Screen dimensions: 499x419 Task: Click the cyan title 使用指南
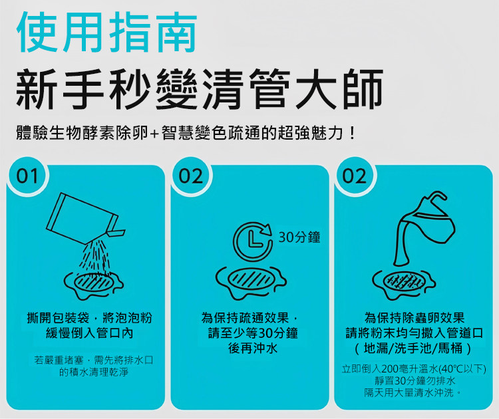click(x=107, y=33)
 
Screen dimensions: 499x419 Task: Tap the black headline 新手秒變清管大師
click(x=200, y=89)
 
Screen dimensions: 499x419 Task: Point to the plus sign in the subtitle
click(x=154, y=134)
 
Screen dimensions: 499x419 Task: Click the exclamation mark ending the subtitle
click(x=352, y=133)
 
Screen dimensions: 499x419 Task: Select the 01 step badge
click(x=27, y=176)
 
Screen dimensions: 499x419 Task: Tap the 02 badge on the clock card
click(x=191, y=176)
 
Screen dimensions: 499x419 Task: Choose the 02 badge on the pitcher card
click(x=355, y=176)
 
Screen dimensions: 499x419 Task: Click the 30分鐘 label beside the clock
click(x=299, y=237)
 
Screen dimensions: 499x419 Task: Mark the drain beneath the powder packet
click(x=94, y=285)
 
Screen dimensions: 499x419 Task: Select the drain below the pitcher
click(x=404, y=284)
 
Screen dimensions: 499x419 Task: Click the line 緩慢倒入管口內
click(x=90, y=333)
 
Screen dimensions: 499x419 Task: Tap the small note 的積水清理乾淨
click(x=94, y=372)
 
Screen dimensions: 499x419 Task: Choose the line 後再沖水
click(x=253, y=349)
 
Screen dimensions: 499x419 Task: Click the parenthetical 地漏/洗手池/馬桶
click(x=413, y=349)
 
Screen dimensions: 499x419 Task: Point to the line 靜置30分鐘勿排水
click(x=415, y=381)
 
